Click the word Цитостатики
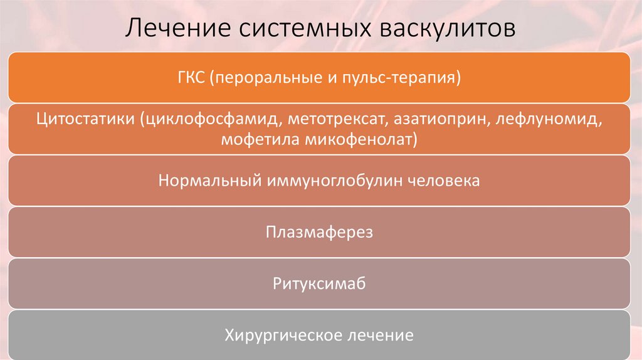point(84,119)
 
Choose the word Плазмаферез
point(319,233)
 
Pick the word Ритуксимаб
point(319,284)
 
